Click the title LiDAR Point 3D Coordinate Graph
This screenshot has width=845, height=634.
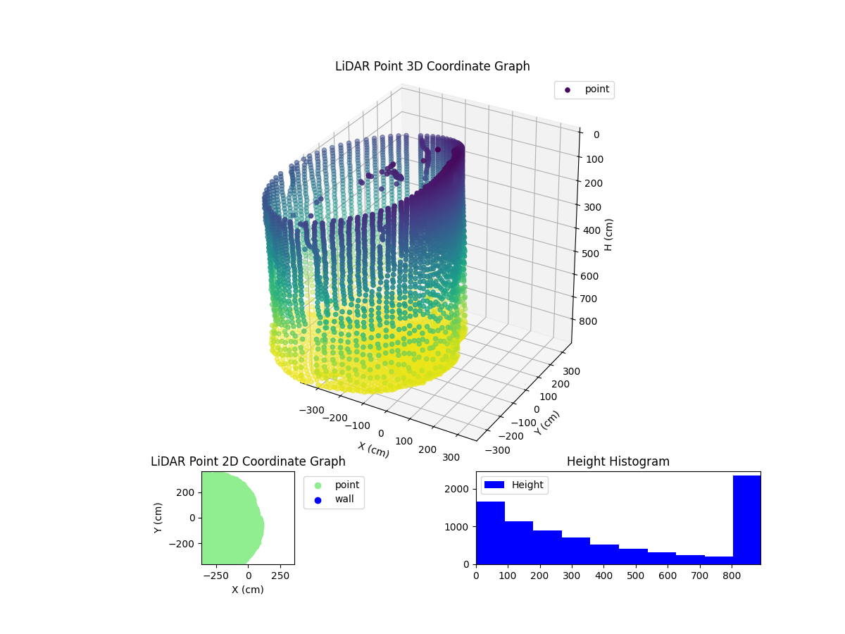(x=432, y=66)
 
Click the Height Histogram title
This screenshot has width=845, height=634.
(x=618, y=461)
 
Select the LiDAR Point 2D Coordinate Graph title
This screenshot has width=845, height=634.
(x=248, y=461)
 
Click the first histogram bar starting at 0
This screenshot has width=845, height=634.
(x=490, y=533)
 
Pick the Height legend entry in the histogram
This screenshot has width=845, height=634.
(x=514, y=485)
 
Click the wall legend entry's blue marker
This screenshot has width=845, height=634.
(x=318, y=499)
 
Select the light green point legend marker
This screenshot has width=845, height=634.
(x=318, y=485)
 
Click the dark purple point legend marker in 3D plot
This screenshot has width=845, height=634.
(x=568, y=90)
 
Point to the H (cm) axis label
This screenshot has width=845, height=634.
(x=609, y=234)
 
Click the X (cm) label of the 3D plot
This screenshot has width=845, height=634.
(x=373, y=449)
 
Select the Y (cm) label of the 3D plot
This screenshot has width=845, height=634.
(x=547, y=423)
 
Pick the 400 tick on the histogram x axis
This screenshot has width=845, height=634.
(x=603, y=576)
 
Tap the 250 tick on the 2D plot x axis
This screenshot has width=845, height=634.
(x=281, y=576)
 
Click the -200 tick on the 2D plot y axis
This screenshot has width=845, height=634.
(x=186, y=544)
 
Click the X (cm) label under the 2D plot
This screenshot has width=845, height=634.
(x=248, y=590)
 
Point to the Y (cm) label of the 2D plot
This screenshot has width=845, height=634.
(x=159, y=518)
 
